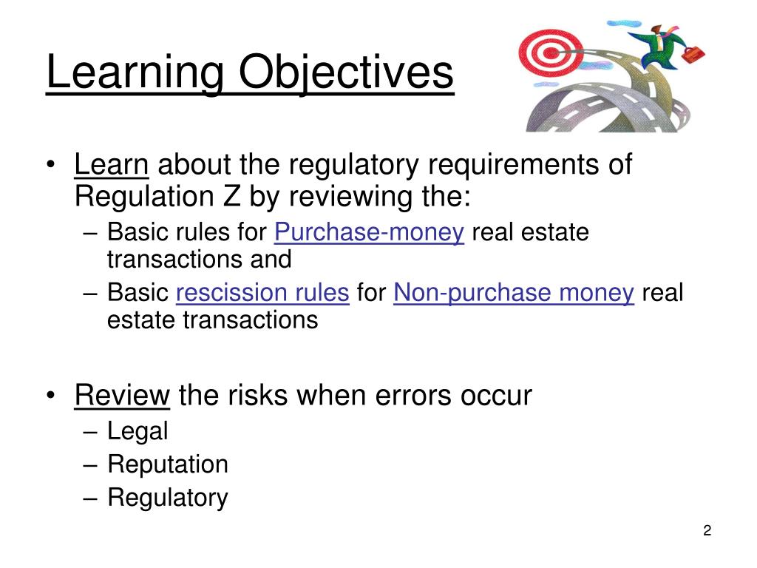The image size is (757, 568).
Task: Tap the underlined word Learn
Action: (112, 165)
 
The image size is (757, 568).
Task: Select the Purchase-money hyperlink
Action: (369, 233)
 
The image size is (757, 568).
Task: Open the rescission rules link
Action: (262, 294)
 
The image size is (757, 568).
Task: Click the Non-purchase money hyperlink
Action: (514, 294)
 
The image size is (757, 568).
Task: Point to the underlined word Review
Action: (122, 396)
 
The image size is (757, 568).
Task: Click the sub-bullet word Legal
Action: (138, 430)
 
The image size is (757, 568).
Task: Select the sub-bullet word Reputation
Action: (168, 464)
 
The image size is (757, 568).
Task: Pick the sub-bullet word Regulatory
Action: (168, 498)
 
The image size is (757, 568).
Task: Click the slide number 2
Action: (707, 531)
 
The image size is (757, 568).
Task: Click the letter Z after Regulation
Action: (235, 197)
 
